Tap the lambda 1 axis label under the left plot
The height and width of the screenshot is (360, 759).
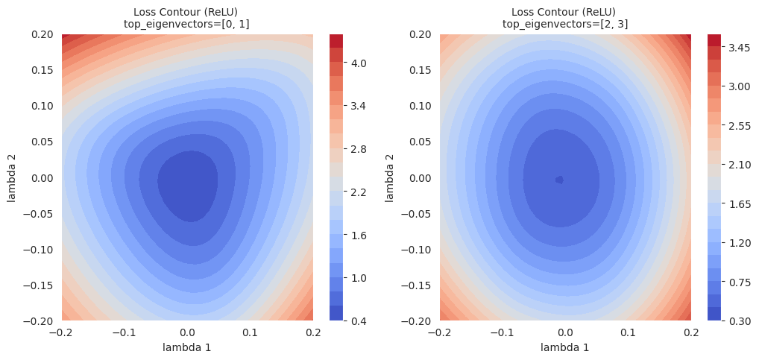pyautogui.click(x=187, y=347)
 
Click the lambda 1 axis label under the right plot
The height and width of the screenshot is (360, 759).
pyautogui.click(x=565, y=347)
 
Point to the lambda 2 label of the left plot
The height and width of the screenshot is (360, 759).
pyautogui.click(x=12, y=177)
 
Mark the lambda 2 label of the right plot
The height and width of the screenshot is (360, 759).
pyautogui.click(x=389, y=177)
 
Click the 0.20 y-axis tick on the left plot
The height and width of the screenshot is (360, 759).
pyautogui.click(x=42, y=34)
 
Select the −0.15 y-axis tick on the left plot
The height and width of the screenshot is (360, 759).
pyautogui.click(x=39, y=285)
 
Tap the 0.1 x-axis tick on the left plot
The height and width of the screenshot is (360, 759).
pyautogui.click(x=250, y=332)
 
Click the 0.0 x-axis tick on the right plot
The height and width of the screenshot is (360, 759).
pyautogui.click(x=565, y=332)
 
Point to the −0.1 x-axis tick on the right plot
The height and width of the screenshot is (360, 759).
pyautogui.click(x=500, y=332)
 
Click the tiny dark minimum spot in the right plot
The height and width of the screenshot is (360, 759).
pyautogui.click(x=559, y=180)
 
